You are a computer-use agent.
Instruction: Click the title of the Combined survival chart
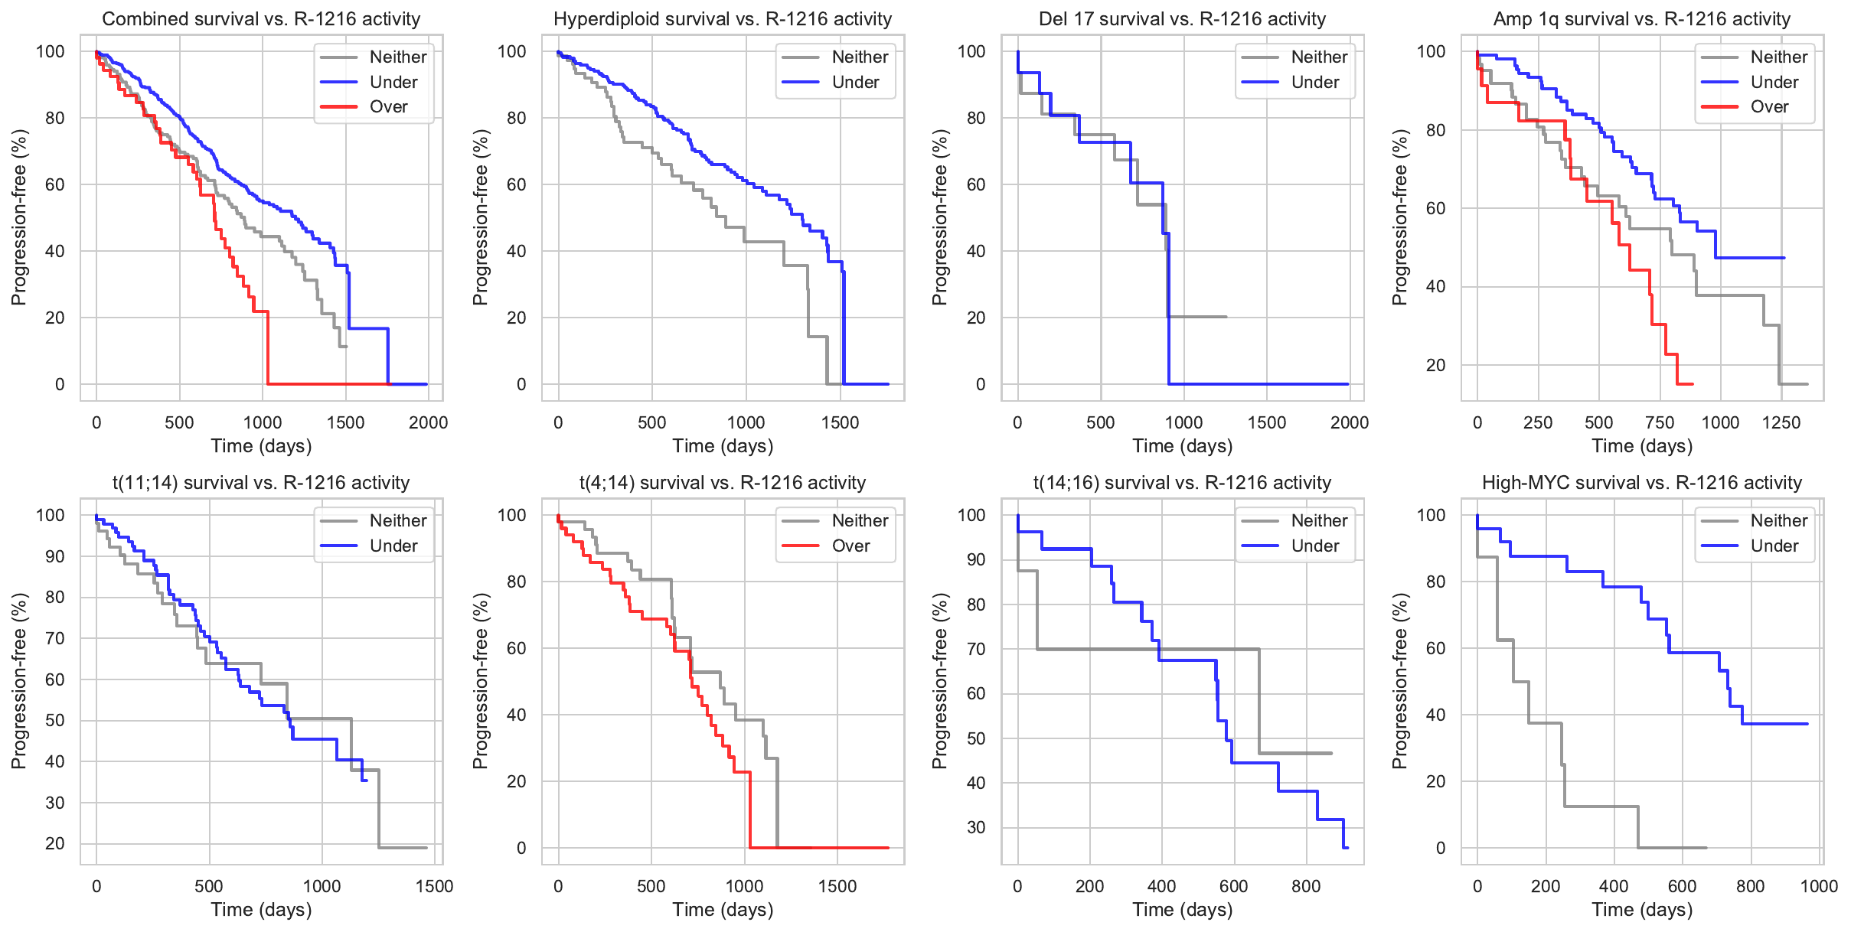click(x=261, y=19)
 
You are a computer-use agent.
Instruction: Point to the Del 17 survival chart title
click(x=1182, y=19)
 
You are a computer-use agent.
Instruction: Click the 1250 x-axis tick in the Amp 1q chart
click(x=1781, y=422)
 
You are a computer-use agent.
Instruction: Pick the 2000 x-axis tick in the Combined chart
click(x=428, y=422)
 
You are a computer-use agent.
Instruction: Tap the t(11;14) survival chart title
click(x=261, y=483)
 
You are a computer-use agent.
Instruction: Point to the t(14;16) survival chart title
click(x=1182, y=483)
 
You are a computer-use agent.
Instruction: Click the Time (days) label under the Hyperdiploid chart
click(x=723, y=446)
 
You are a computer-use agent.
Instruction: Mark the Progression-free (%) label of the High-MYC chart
click(x=1399, y=681)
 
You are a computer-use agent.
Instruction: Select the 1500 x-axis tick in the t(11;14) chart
click(x=434, y=886)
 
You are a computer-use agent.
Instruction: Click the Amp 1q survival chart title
click(x=1642, y=19)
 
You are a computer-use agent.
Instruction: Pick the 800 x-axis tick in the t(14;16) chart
click(x=1306, y=886)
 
